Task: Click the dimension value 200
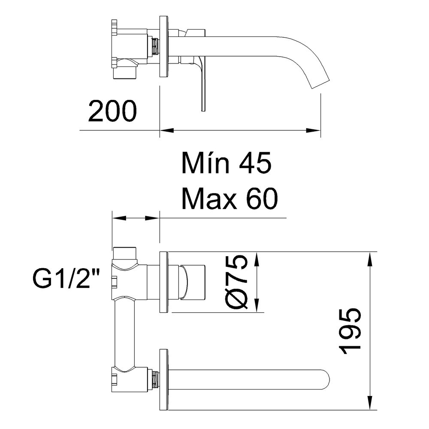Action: pyautogui.click(x=112, y=111)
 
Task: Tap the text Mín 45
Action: pyautogui.click(x=227, y=163)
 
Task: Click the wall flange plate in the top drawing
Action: pyautogui.click(x=163, y=47)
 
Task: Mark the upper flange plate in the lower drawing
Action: pyautogui.click(x=163, y=282)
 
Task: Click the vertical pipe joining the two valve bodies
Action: pyautogui.click(x=125, y=332)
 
